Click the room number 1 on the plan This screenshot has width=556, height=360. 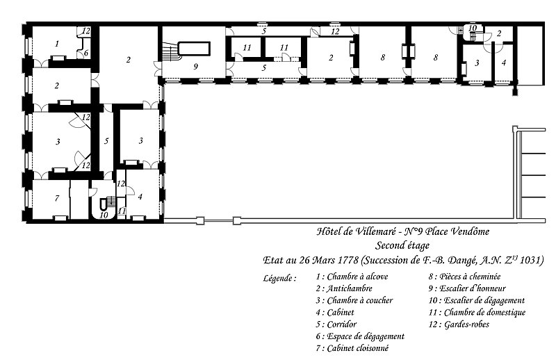pos(57,44)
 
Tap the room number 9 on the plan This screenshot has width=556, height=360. pos(195,66)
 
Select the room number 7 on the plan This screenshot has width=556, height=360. pos(57,198)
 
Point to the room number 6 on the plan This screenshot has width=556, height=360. pos(85,53)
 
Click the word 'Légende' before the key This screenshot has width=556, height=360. pos(277,278)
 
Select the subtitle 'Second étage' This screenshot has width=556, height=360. pos(402,245)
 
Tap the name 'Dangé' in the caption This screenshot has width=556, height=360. pos(458,261)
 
